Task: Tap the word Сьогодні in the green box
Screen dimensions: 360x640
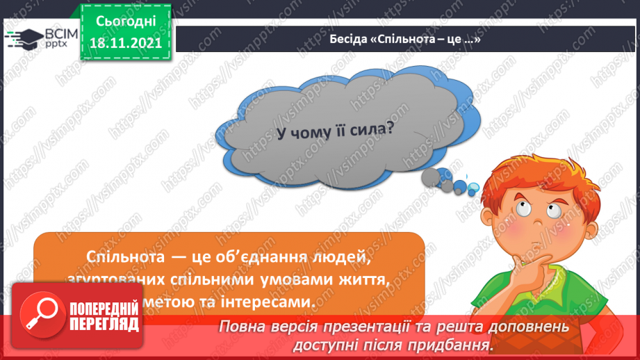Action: [x=126, y=22]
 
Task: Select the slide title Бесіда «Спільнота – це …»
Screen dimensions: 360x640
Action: [x=405, y=40]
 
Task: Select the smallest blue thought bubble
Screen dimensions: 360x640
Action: [x=473, y=187]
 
